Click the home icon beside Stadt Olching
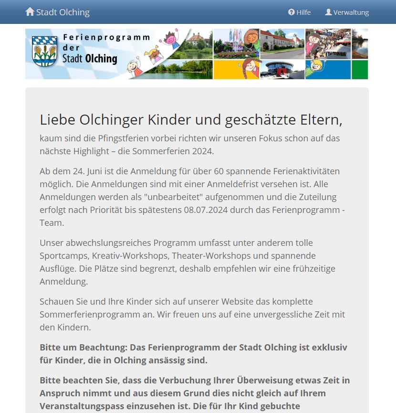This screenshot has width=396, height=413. [x=30, y=12]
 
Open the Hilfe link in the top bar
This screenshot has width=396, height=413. [x=300, y=12]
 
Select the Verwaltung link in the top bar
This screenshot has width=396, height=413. [x=347, y=12]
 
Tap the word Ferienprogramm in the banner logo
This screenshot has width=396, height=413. [x=106, y=37]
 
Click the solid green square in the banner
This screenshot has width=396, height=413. [x=360, y=70]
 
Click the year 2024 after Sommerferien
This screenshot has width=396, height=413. [x=201, y=151]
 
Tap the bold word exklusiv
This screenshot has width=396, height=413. [x=330, y=348]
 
